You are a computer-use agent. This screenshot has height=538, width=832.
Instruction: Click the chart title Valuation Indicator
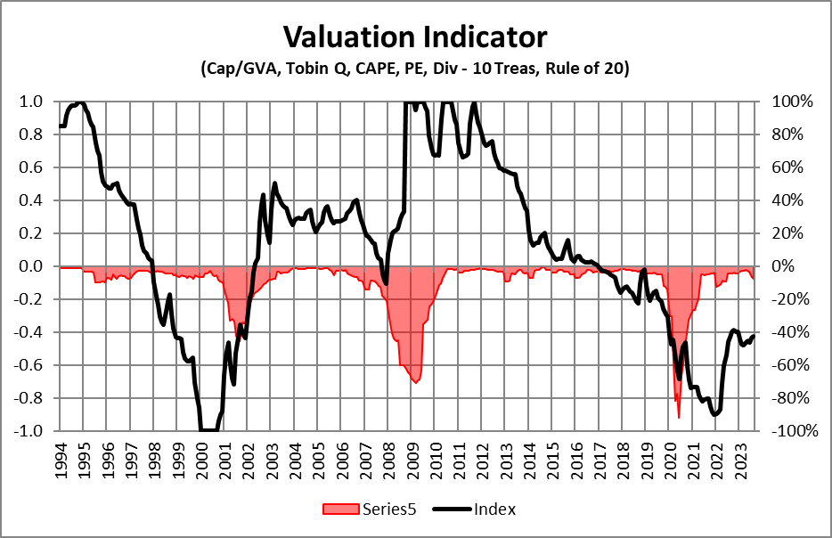click(415, 37)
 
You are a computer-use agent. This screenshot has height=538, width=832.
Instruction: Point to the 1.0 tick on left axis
click(32, 102)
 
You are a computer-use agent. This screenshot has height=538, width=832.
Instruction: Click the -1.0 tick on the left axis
click(29, 431)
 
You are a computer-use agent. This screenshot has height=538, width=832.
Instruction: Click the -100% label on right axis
click(791, 431)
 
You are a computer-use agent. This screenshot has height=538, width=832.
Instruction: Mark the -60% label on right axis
click(790, 365)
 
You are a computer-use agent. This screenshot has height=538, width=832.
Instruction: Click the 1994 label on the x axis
click(60, 458)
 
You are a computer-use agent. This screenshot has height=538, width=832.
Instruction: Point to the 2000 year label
click(200, 458)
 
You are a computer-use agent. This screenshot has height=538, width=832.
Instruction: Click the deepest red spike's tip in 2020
click(679, 418)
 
